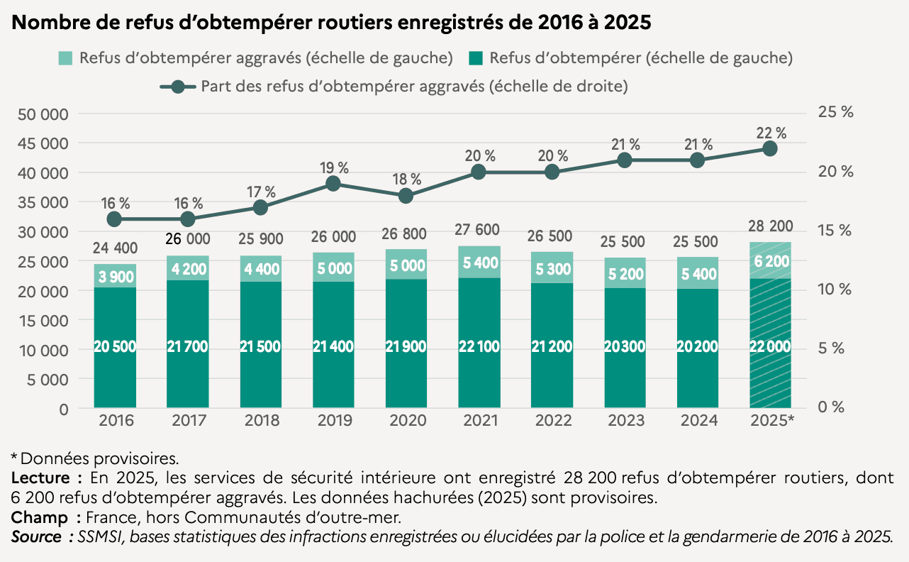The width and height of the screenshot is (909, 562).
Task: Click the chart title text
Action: pos(331,23)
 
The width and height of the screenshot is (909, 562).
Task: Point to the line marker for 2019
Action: pos(333,184)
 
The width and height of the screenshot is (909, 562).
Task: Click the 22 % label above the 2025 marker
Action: pos(771,133)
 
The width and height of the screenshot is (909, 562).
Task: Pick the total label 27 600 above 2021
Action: pos(479,229)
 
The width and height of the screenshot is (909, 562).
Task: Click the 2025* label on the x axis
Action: pos(771,421)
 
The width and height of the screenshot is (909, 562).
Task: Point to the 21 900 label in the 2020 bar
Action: pos(406,347)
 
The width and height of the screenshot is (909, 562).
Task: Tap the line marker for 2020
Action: pos(406,196)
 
